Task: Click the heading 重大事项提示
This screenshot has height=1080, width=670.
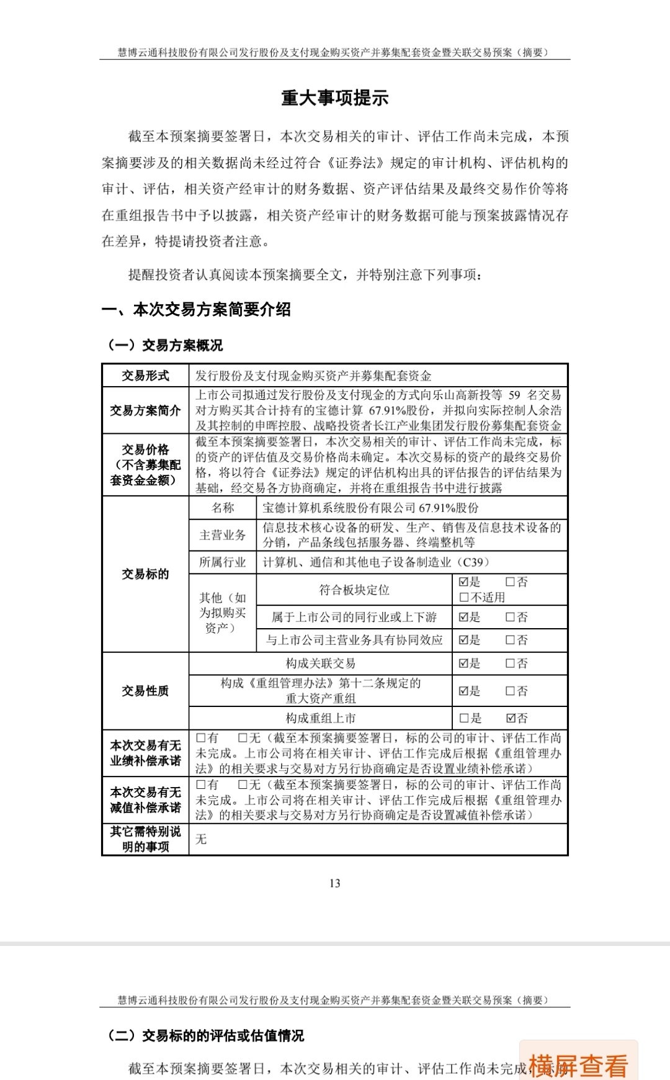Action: (334, 98)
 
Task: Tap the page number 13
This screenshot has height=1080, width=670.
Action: (335, 883)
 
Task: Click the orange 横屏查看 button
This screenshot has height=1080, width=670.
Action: (578, 1065)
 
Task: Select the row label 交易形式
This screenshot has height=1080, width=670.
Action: (145, 376)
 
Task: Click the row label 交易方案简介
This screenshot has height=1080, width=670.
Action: (145, 410)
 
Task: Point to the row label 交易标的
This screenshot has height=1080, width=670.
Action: (145, 574)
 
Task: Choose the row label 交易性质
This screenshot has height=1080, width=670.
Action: (145, 691)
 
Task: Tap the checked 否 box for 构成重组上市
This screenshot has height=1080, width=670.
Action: (511, 718)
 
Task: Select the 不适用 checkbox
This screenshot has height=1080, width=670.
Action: (464, 597)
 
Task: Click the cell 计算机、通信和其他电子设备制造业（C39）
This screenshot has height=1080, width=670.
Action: (377, 562)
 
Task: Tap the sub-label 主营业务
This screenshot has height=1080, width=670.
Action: (222, 535)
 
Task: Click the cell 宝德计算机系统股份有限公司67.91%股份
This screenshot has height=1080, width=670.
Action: (370, 508)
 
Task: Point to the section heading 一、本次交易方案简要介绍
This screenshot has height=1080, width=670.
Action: (196, 310)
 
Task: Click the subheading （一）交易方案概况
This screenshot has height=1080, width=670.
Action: (165, 346)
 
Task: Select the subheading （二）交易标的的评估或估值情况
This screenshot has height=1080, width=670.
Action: (206, 1035)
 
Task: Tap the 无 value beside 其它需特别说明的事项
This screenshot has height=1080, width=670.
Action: (201, 839)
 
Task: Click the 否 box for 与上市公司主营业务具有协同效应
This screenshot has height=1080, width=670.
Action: (511, 640)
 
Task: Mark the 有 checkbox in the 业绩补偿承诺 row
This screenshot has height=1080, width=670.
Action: (201, 738)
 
